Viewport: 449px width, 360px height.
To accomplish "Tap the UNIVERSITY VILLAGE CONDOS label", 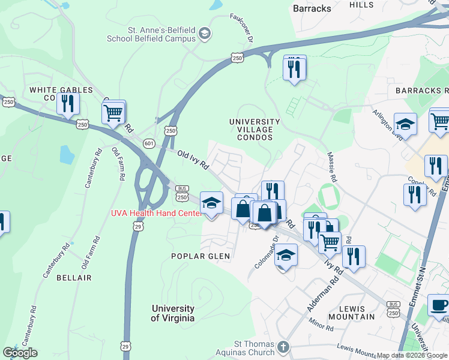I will [x=255, y=129].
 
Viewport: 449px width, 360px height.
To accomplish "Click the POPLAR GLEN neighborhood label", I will [x=200, y=256].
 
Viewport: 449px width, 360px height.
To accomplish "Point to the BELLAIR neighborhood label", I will [x=74, y=278].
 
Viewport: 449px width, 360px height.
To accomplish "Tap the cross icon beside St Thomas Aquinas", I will [x=283, y=347].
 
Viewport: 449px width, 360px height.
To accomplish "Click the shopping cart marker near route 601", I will [x=113, y=112].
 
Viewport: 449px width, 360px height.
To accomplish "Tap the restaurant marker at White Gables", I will [x=68, y=103].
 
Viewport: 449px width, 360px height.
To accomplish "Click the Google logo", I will [x=20, y=353].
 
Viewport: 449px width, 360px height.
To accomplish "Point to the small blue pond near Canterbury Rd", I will [x=67, y=155].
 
